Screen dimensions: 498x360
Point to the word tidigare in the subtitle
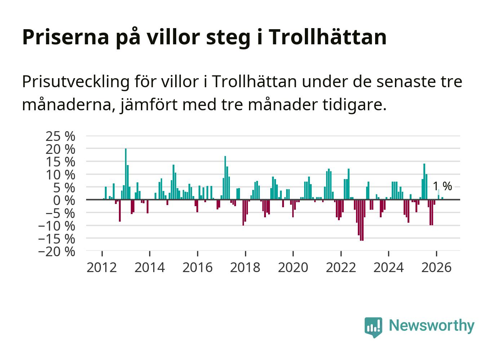(x=354, y=105)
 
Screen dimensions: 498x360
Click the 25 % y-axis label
(x=61, y=136)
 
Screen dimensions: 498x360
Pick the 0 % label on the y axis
(x=64, y=200)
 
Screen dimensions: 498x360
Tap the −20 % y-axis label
(x=57, y=252)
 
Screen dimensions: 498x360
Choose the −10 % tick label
(x=57, y=226)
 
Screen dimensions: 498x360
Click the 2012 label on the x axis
(x=102, y=267)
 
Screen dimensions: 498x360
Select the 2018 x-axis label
(x=245, y=267)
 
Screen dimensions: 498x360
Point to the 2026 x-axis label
(x=436, y=267)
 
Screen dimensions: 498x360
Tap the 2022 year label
(x=341, y=267)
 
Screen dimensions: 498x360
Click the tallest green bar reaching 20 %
(x=126, y=174)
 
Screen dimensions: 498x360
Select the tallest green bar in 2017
(x=225, y=178)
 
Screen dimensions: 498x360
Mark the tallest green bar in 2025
(x=424, y=182)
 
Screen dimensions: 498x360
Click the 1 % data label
(x=443, y=186)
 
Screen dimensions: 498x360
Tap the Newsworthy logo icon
(x=373, y=327)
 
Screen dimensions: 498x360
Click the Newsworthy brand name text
(x=432, y=326)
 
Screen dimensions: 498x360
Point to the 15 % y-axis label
(x=61, y=162)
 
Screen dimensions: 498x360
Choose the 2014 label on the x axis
(x=150, y=267)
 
